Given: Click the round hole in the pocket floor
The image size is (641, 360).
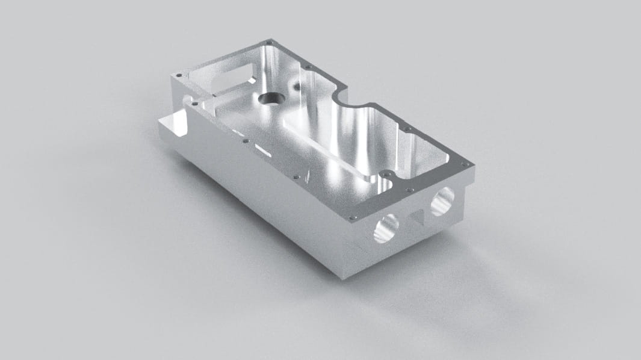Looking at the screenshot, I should (267, 98).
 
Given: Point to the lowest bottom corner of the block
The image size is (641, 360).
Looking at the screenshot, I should (341, 276).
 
